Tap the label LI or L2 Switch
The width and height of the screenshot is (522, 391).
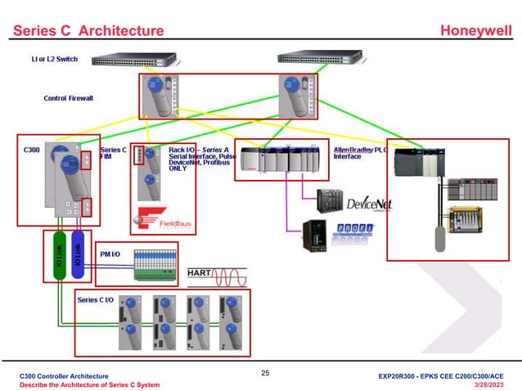coord(55,60)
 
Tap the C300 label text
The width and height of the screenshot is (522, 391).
coord(31,151)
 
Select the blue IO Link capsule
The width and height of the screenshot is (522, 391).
coord(78,256)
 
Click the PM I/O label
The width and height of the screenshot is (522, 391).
coord(110,255)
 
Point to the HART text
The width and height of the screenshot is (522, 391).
coord(202,272)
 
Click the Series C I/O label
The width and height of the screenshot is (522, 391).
coord(96,300)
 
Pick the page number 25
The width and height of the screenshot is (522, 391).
coord(264,373)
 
